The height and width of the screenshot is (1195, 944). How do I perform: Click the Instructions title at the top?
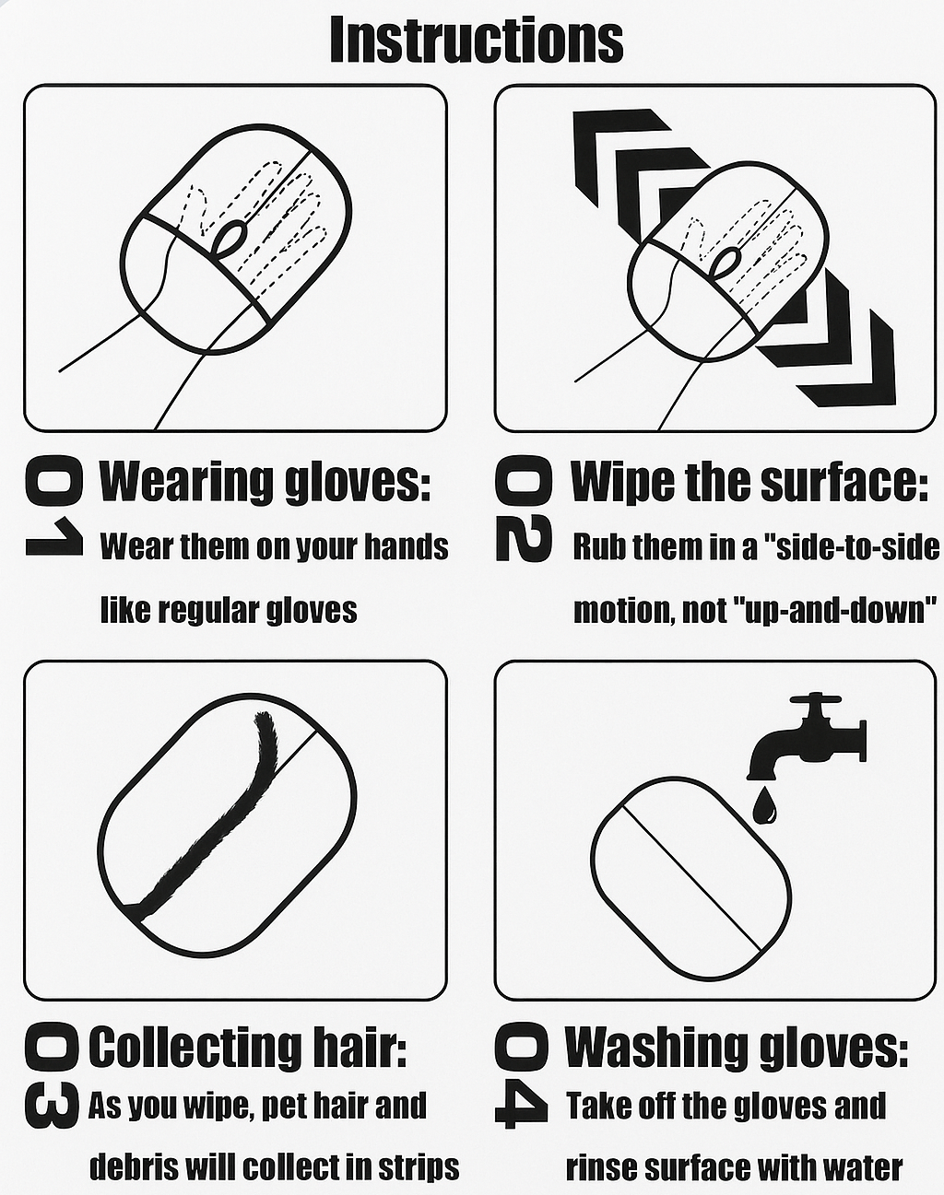click(477, 40)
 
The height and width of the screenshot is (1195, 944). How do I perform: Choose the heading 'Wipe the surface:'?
click(749, 481)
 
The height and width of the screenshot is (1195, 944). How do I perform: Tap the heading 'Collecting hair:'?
click(248, 1048)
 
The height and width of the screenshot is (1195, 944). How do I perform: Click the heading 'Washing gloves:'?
click(737, 1048)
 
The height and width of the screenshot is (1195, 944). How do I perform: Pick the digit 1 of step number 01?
click(54, 536)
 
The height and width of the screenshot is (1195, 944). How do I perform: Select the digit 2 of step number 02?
click(524, 539)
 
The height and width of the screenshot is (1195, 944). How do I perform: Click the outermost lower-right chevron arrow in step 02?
click(845, 357)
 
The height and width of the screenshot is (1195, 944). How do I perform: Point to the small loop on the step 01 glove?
click(231, 237)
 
